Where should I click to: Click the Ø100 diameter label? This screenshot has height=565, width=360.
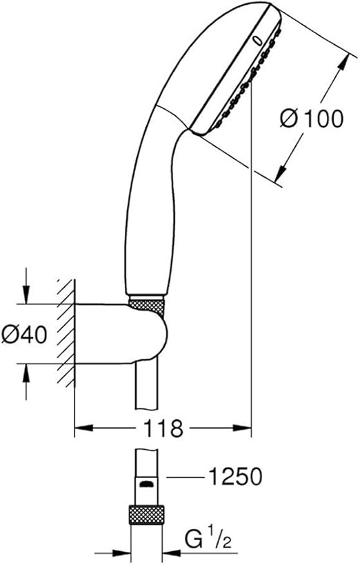312,119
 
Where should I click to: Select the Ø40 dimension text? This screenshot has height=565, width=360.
24,335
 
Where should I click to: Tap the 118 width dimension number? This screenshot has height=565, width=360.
163,428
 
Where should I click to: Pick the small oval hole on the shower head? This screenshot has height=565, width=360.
258,41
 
